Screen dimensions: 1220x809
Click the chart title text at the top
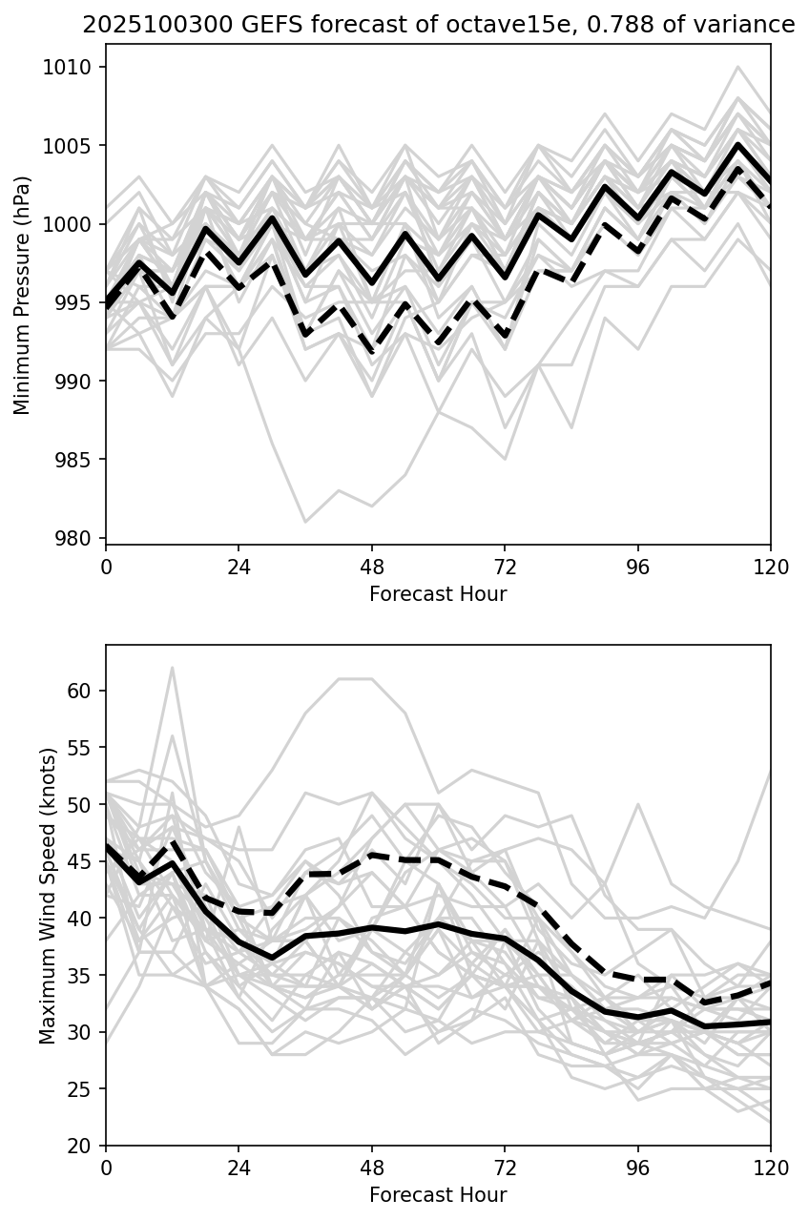coord(438,26)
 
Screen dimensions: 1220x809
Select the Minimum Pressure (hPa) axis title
coord(23,295)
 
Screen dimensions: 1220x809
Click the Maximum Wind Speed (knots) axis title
coord(48,895)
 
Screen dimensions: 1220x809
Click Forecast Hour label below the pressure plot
coord(438,594)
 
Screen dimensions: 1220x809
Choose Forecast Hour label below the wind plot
coord(438,1195)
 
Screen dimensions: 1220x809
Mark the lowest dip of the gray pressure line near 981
coord(305,522)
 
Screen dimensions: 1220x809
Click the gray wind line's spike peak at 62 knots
coord(173,668)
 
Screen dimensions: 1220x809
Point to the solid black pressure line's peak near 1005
coord(737,145)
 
